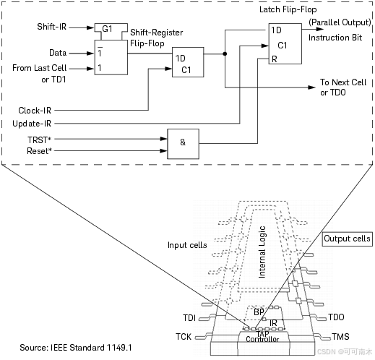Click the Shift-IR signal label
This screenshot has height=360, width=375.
52,27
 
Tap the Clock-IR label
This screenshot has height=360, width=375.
35,111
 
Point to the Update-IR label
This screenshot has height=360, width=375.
32,124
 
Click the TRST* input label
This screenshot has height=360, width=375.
40,140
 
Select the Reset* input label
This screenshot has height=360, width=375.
39,151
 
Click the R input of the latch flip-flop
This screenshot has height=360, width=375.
275,59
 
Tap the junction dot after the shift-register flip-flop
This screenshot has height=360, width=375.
225,53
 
